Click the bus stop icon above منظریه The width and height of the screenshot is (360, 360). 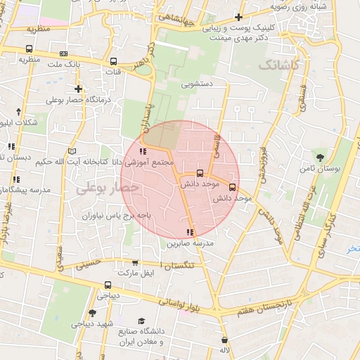29,49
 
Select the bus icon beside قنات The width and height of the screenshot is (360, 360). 113,61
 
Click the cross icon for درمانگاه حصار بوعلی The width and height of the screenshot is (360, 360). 78,89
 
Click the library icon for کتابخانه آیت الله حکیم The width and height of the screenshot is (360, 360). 71,151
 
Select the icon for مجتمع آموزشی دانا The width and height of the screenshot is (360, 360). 143,151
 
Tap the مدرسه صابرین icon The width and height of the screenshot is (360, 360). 189,232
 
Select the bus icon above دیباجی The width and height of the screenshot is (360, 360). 108,285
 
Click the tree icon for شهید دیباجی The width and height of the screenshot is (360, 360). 92,313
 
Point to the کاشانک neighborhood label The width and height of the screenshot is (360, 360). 278,65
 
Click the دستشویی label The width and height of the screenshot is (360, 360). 198,83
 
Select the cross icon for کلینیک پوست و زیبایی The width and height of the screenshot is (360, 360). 238,18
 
